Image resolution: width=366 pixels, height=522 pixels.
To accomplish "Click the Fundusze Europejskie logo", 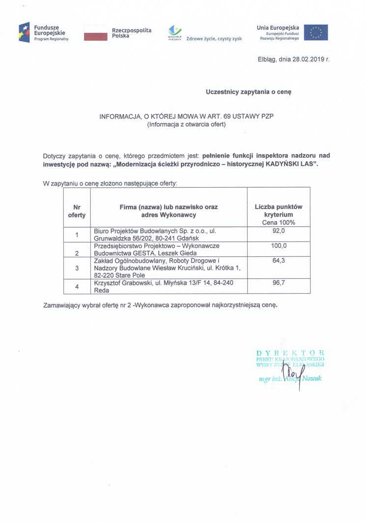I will [x=44, y=32].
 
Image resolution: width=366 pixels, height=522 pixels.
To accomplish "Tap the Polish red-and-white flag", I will [x=96, y=33].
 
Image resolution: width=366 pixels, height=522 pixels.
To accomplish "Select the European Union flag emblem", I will [x=316, y=32].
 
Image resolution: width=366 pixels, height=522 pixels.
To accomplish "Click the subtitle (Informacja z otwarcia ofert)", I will [x=186, y=125].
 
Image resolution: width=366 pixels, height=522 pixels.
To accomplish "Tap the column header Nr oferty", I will [x=77, y=211].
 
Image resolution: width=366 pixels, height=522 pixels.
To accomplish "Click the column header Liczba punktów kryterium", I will [x=278, y=211].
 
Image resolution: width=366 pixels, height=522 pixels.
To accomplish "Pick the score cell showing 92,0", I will [x=278, y=231].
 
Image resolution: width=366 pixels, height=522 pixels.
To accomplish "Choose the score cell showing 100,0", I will [x=278, y=246].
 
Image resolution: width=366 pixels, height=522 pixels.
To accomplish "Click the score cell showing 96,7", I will [x=278, y=283].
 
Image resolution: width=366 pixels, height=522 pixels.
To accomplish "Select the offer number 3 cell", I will [x=77, y=268].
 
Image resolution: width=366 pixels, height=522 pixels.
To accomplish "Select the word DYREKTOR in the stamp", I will [x=290, y=353].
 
